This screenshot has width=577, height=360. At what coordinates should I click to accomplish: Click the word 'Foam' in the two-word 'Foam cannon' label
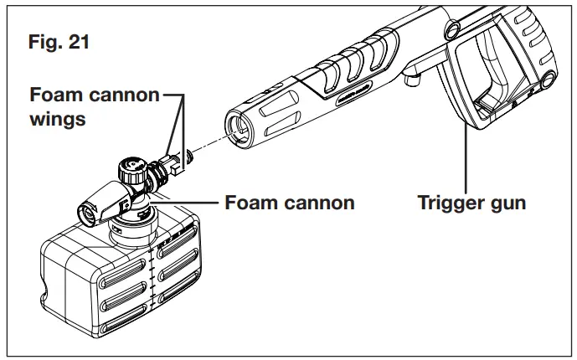click(254, 203)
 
